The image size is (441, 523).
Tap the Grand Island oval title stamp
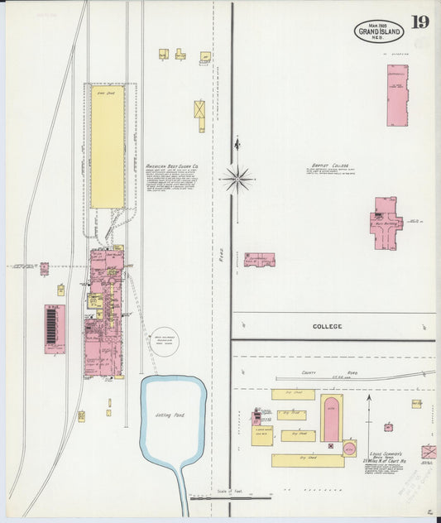(380, 32)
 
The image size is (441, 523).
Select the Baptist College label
(327, 166)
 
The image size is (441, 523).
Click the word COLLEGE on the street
(327, 327)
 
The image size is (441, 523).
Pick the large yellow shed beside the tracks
(107, 146)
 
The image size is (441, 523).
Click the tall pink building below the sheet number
(397, 94)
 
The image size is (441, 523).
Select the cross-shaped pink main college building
(384, 223)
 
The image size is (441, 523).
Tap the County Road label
(315, 374)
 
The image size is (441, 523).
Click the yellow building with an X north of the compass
(199, 111)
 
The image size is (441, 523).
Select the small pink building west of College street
(259, 260)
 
